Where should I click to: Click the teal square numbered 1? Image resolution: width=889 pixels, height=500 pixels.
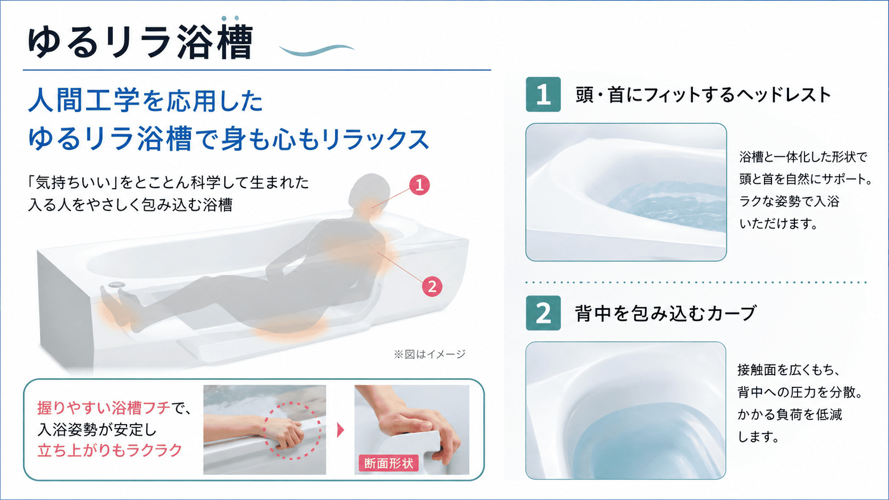pyautogui.click(x=543, y=95)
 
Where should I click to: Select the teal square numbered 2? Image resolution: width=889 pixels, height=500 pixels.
pyautogui.click(x=543, y=313)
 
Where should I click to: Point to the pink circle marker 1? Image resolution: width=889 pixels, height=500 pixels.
pyautogui.click(x=420, y=185)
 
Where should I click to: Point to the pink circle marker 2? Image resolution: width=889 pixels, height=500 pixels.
pyautogui.click(x=432, y=286)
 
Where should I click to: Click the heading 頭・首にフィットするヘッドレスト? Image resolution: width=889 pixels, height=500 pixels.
pyautogui.click(x=703, y=95)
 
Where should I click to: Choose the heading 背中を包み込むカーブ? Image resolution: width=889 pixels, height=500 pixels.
pyautogui.click(x=666, y=313)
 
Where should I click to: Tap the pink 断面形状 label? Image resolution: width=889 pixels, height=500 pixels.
pyautogui.click(x=389, y=463)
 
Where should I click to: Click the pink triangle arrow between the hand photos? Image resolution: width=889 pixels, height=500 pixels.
pyautogui.click(x=340, y=430)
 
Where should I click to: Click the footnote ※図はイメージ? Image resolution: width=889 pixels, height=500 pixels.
pyautogui.click(x=430, y=354)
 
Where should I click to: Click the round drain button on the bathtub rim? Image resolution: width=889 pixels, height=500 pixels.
pyautogui.click(x=116, y=284)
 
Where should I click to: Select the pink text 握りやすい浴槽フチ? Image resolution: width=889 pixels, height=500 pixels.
pyautogui.click(x=104, y=408)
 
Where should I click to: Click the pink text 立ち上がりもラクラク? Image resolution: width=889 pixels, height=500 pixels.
pyautogui.click(x=110, y=451)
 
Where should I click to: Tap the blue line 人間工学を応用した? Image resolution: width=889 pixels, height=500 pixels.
pyautogui.click(x=146, y=100)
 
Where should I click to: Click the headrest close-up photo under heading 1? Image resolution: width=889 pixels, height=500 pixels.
pyautogui.click(x=626, y=192)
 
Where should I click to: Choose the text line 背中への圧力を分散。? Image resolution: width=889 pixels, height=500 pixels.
pyautogui.click(x=800, y=393)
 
